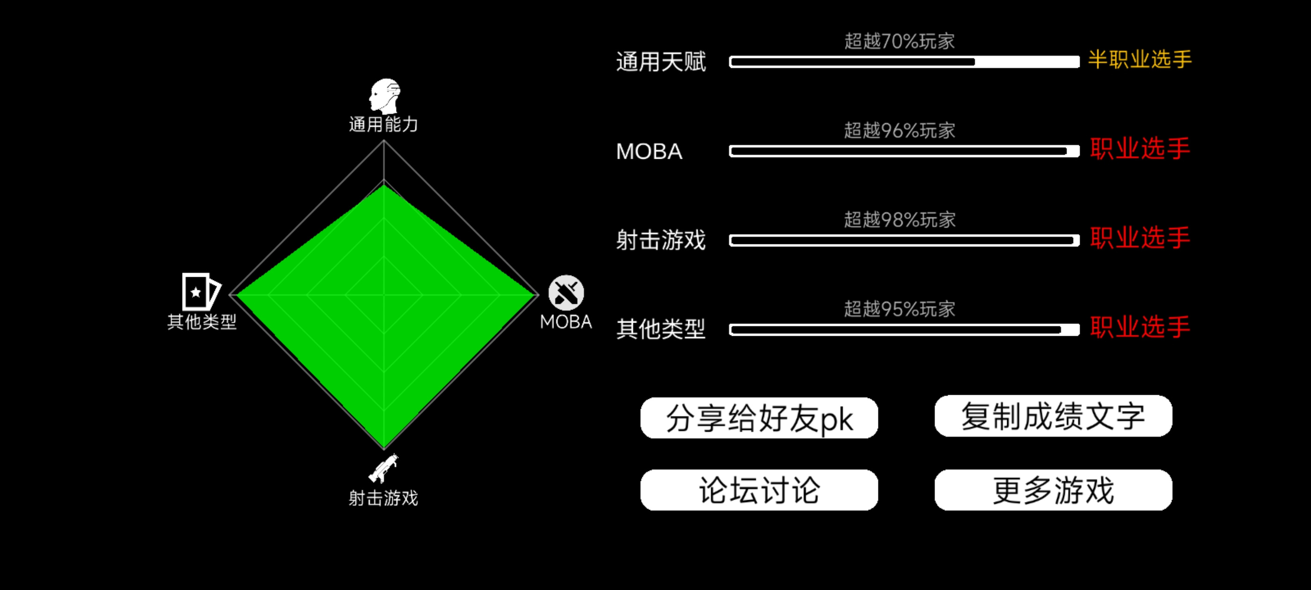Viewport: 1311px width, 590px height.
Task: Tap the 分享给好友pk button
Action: (759, 418)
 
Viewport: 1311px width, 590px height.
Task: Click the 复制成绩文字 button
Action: (1053, 416)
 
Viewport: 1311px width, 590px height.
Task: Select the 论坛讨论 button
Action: (759, 490)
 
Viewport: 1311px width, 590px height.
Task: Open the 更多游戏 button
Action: (1053, 490)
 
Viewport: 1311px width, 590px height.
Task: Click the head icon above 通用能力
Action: (385, 96)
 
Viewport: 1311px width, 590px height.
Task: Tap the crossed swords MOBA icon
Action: (566, 293)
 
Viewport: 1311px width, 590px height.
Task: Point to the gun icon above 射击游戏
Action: (383, 468)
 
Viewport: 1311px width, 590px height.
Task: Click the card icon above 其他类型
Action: (201, 291)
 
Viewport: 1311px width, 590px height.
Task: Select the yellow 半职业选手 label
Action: (1140, 59)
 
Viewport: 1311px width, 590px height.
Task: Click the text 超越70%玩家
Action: (899, 41)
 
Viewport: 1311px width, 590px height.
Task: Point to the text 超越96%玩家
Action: (899, 130)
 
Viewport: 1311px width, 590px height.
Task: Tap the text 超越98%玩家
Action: (899, 220)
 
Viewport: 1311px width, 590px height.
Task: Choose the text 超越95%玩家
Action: (899, 309)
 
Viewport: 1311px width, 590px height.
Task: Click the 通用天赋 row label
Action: (661, 62)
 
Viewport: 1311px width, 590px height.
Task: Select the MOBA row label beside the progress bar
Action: (649, 151)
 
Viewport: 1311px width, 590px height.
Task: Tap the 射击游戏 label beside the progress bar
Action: (661, 240)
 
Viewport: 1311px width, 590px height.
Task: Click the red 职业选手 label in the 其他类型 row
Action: (1140, 327)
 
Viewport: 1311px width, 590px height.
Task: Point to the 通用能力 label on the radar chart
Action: (383, 124)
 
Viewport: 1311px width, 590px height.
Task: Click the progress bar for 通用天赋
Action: (904, 62)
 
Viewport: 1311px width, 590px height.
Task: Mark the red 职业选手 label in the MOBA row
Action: (1140, 148)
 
